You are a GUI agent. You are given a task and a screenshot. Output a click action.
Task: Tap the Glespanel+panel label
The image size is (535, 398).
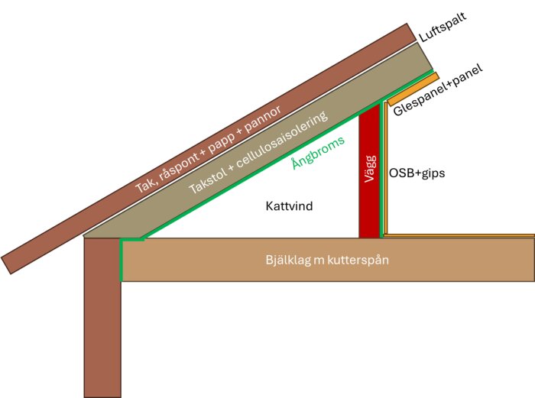[x=438, y=89]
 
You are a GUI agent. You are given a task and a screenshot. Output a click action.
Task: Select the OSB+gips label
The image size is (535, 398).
[x=417, y=173]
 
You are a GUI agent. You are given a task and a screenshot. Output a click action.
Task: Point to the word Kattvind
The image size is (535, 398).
[x=289, y=206]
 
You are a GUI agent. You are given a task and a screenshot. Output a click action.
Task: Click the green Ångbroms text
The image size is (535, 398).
[x=319, y=153]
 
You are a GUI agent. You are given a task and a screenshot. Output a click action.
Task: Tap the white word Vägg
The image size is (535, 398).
[x=370, y=169]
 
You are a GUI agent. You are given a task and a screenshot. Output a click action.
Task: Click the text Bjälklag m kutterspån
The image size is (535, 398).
[x=327, y=260]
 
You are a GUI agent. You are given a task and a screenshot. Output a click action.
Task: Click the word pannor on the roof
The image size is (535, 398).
[x=263, y=119]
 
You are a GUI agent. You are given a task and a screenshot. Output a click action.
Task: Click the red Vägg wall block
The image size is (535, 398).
[x=369, y=170]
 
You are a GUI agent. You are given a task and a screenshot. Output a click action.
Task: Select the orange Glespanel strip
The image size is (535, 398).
[x=413, y=89]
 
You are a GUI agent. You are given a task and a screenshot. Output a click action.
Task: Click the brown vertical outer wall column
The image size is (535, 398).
[x=102, y=318]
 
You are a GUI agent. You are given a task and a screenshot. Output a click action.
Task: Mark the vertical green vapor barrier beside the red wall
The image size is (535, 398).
[x=381, y=170]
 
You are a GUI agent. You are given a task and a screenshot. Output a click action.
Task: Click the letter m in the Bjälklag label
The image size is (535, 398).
[x=319, y=261]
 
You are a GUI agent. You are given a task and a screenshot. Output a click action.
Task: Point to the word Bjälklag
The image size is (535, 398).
[x=288, y=260]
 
